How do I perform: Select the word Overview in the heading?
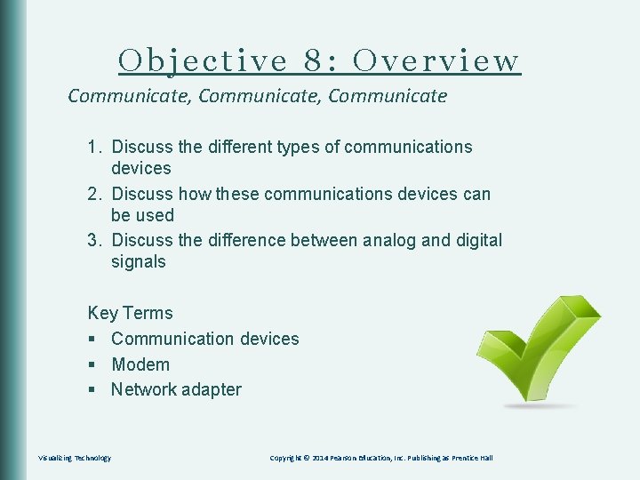point(436,60)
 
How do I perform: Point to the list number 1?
point(93,147)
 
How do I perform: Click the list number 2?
point(93,194)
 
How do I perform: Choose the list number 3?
point(93,240)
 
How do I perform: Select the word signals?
point(138,261)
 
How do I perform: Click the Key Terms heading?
point(130,313)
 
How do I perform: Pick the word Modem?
point(140,364)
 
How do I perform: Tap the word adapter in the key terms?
point(211,389)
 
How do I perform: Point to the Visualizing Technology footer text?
point(75,458)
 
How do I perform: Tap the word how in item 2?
point(193,194)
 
